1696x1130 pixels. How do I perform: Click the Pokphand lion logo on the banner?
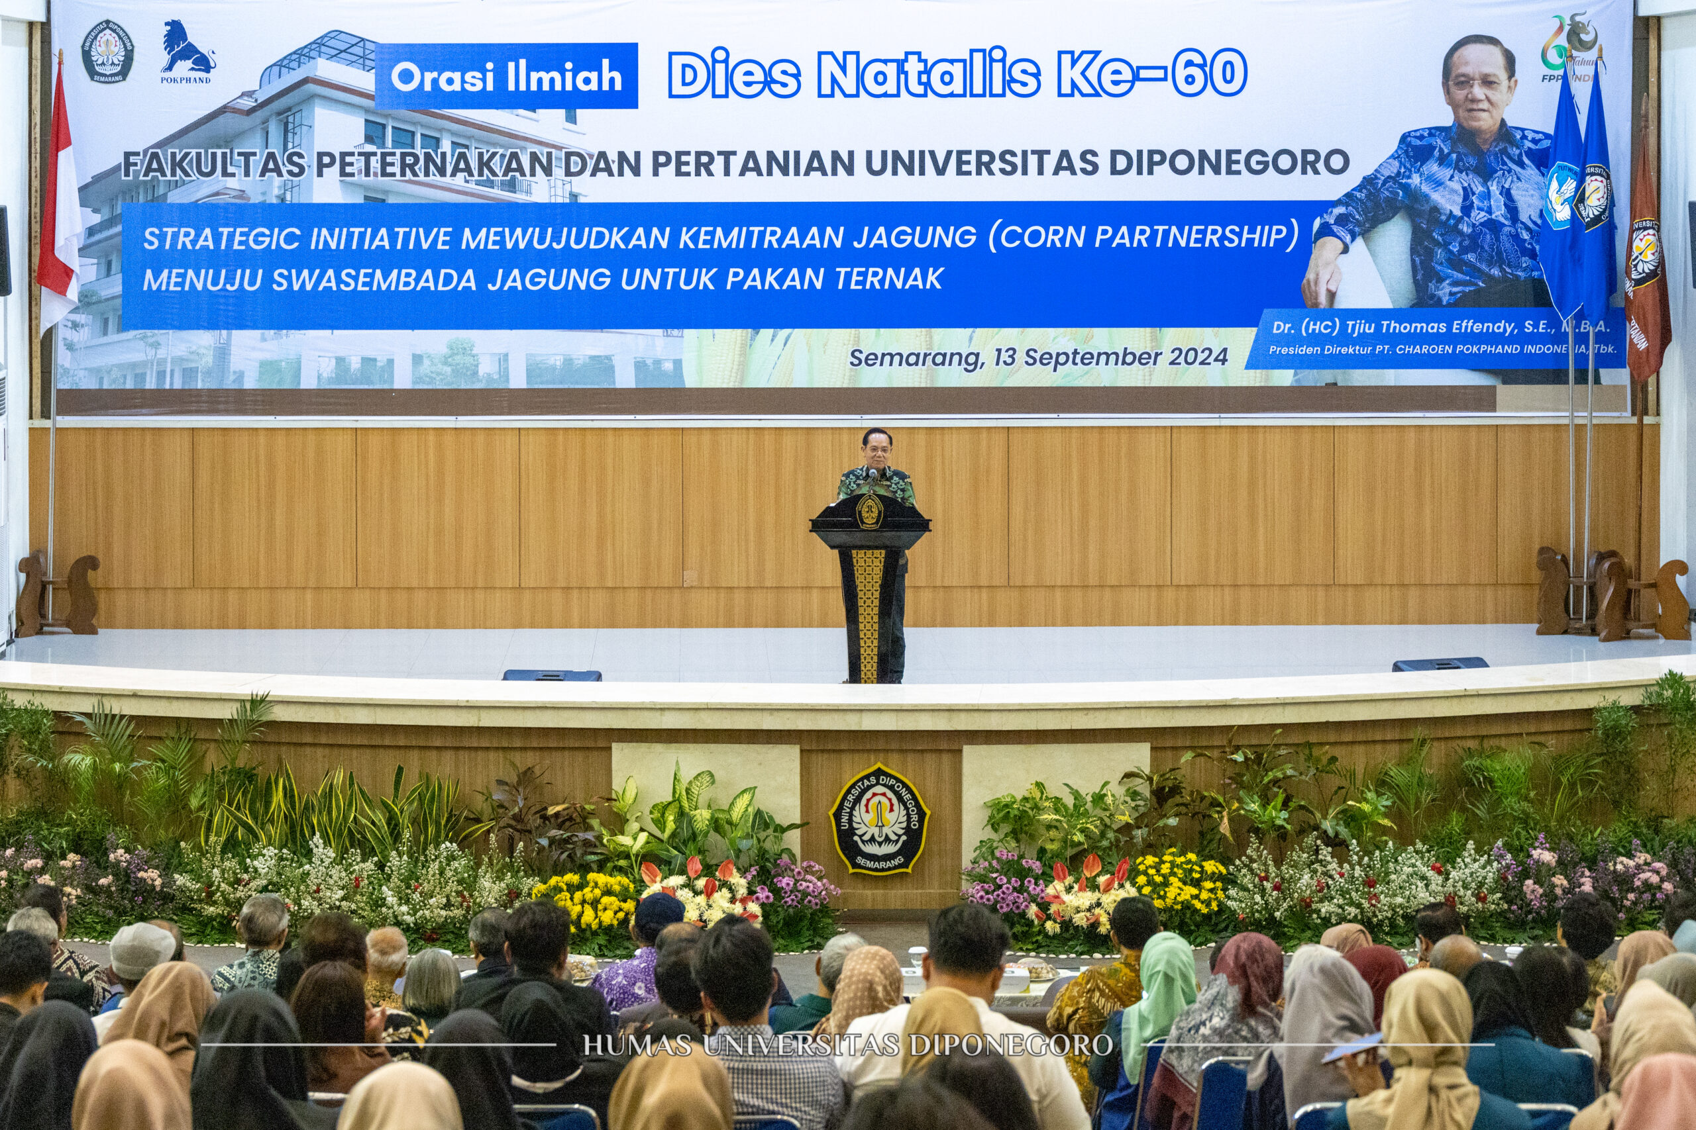pos(186,48)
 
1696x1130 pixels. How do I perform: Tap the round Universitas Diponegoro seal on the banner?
pos(107,50)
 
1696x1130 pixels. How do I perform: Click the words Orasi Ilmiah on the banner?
pos(506,76)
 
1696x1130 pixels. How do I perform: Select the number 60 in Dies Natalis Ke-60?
pos(1208,74)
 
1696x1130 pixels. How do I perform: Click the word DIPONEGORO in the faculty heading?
pos(1229,163)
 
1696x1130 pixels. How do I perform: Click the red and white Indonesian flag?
pos(59,209)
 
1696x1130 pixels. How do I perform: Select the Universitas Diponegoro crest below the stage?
pos(879,819)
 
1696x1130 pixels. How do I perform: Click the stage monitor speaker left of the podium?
pos(552,675)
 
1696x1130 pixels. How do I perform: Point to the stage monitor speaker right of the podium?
pos(1440,664)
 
